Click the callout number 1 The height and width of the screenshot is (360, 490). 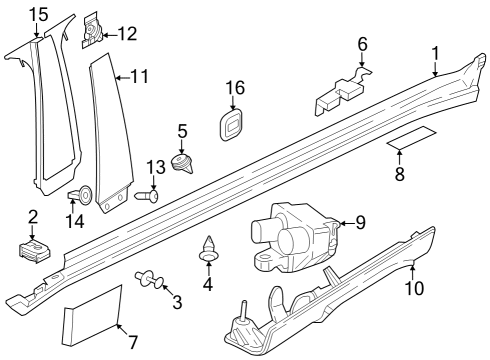point(435,52)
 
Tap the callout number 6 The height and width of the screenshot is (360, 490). point(363,44)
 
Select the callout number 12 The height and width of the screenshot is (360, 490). point(127,34)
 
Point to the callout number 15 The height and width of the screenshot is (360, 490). point(38,14)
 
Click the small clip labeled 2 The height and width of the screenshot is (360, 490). point(34,250)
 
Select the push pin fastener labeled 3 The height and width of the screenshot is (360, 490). point(151,280)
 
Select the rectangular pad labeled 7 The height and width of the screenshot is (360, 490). point(92,315)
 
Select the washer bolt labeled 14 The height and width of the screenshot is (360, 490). point(84,194)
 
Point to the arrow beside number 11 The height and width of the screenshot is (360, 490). point(119,76)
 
